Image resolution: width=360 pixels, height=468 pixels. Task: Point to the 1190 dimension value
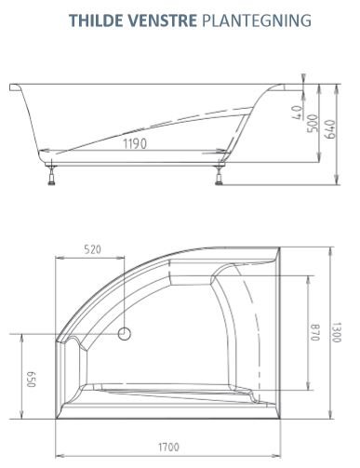pos(137,143)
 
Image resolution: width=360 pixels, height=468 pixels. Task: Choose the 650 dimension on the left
pos(29,379)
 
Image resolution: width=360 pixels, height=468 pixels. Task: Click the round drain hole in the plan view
pos(127,332)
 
